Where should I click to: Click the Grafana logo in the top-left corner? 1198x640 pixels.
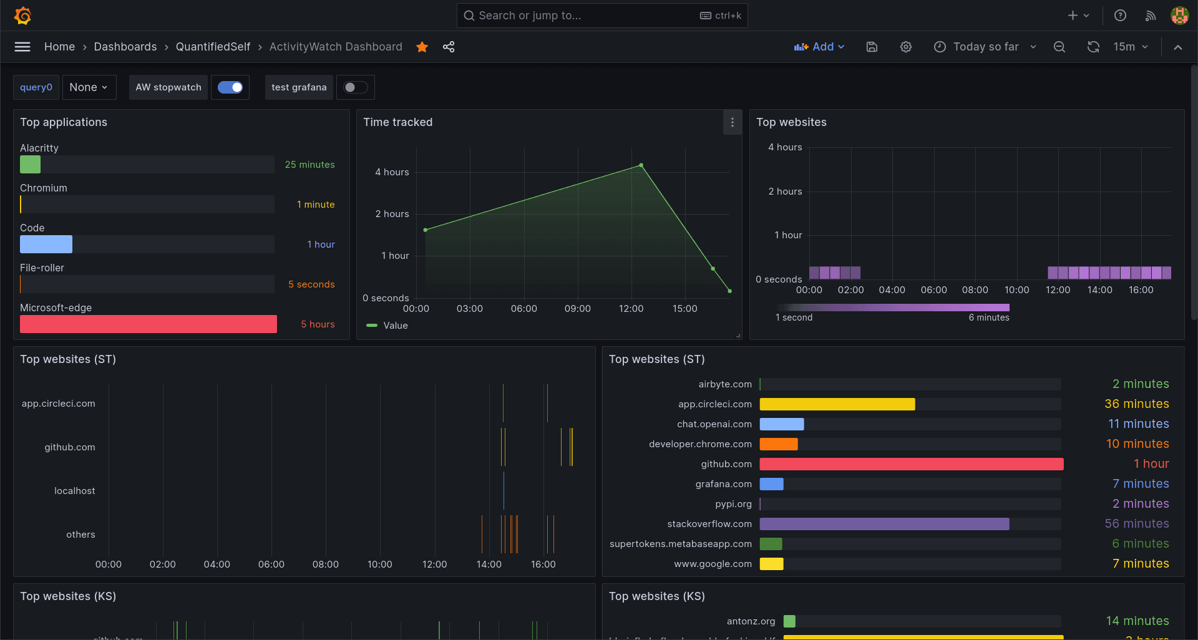pos(23,16)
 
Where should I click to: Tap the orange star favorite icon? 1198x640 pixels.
pos(422,47)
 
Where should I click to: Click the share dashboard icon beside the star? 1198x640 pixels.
pos(449,47)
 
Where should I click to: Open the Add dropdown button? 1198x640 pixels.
pos(819,47)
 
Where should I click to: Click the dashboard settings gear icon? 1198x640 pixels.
pos(906,47)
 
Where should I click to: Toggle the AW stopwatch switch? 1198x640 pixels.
pos(230,87)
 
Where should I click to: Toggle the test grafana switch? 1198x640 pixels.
pos(356,87)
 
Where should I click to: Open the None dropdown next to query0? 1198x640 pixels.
pos(89,87)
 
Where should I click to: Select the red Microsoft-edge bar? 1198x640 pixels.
pos(149,324)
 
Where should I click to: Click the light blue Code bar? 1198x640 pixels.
pos(46,245)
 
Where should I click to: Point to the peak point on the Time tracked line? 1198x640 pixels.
pos(641,165)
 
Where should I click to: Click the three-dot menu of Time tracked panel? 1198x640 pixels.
pos(733,122)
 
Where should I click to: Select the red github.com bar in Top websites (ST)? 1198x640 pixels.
pos(911,464)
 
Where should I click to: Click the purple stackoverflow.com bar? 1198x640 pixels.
pos(884,524)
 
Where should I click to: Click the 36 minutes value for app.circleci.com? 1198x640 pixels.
pos(1136,404)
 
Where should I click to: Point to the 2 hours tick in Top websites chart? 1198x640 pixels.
pos(785,192)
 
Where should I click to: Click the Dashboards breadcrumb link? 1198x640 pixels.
pos(125,47)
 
